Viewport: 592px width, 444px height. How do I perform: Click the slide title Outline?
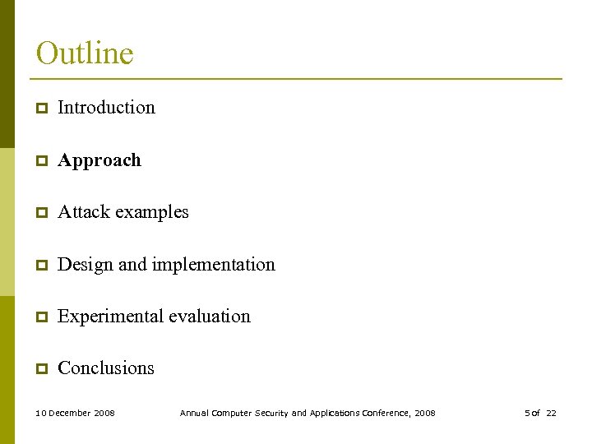pos(85,54)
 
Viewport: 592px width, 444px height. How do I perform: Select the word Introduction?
pos(106,108)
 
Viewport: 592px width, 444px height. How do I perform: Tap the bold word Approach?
pos(99,160)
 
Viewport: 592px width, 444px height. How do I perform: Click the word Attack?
pos(84,212)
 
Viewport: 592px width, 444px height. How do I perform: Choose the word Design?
pos(86,265)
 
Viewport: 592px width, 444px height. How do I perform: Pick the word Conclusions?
pos(106,368)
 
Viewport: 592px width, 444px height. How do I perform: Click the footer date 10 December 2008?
pos(76,413)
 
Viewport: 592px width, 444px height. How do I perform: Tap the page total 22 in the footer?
pos(551,413)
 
